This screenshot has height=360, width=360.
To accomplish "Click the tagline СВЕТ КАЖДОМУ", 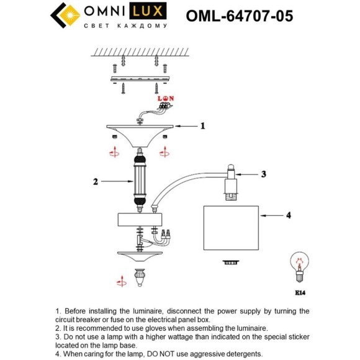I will (125, 27).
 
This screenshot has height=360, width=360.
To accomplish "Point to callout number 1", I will (202, 125).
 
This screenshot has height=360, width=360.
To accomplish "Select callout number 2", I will (96, 182).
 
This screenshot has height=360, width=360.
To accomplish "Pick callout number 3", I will (263, 174).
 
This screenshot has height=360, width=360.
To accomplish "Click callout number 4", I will (287, 215).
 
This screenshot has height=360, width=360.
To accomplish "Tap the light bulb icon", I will (300, 268).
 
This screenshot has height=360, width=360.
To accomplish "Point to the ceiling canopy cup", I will (140, 133).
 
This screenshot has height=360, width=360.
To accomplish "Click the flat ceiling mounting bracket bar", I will (140, 79).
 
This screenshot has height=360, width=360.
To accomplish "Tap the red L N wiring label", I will (165, 99).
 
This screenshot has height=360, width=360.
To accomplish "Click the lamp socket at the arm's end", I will (230, 182).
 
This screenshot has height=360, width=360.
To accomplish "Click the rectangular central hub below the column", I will (140, 220).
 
